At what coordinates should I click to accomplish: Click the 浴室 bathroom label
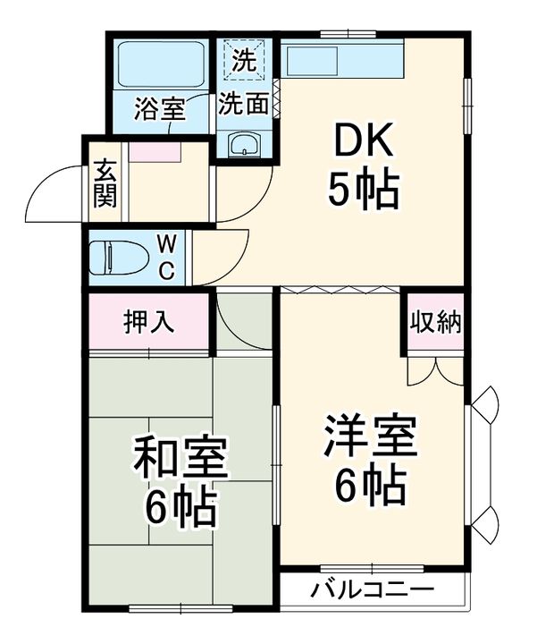[160, 109]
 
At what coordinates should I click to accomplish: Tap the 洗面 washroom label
[244, 104]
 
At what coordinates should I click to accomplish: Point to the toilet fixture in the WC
[121, 258]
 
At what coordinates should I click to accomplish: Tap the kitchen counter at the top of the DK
[344, 63]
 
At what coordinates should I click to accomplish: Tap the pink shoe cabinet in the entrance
[155, 150]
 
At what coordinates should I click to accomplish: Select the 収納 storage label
[435, 323]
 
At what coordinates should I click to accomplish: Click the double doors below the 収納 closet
[434, 370]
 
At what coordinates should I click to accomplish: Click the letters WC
[168, 256]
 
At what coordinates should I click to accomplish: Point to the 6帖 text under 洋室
[370, 486]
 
